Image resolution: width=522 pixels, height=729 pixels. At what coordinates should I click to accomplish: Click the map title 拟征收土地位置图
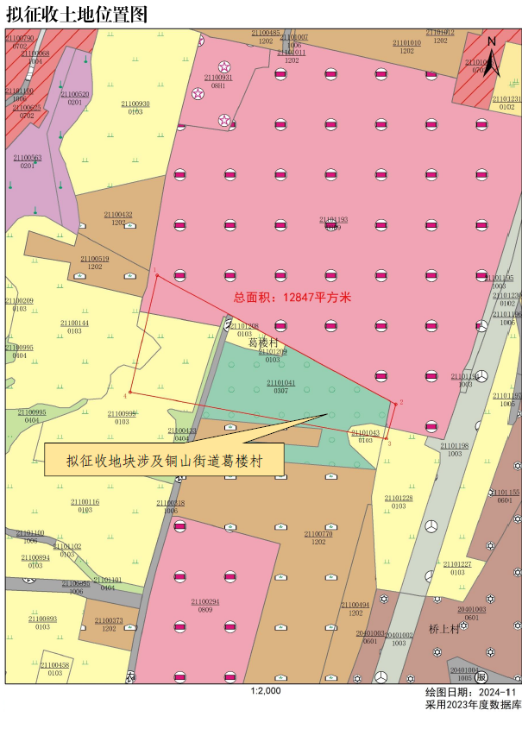coord(77,15)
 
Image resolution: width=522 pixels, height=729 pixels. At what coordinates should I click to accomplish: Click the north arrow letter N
coord(491,41)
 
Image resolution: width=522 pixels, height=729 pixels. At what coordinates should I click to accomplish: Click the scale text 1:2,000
coord(266,690)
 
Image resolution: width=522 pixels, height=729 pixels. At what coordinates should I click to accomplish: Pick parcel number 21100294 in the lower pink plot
coord(205,602)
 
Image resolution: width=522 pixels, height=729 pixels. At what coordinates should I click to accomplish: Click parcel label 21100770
coord(318,534)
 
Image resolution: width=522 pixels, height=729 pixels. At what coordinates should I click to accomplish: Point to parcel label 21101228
coord(399,498)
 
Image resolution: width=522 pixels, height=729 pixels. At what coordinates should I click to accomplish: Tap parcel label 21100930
coord(135,104)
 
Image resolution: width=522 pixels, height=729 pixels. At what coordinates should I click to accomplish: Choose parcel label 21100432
coord(118,214)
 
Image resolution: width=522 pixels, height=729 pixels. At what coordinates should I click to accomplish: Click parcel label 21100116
coord(85,501)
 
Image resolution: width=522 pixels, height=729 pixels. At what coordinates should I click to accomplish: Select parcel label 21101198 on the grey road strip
coord(454,446)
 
